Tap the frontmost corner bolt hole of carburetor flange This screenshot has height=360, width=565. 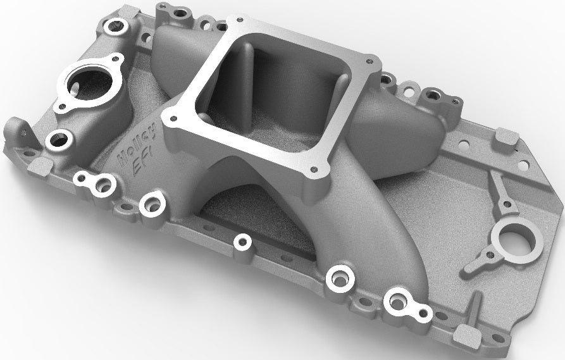coord(313,169)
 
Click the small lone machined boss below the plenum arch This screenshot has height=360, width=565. coord(241,242)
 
